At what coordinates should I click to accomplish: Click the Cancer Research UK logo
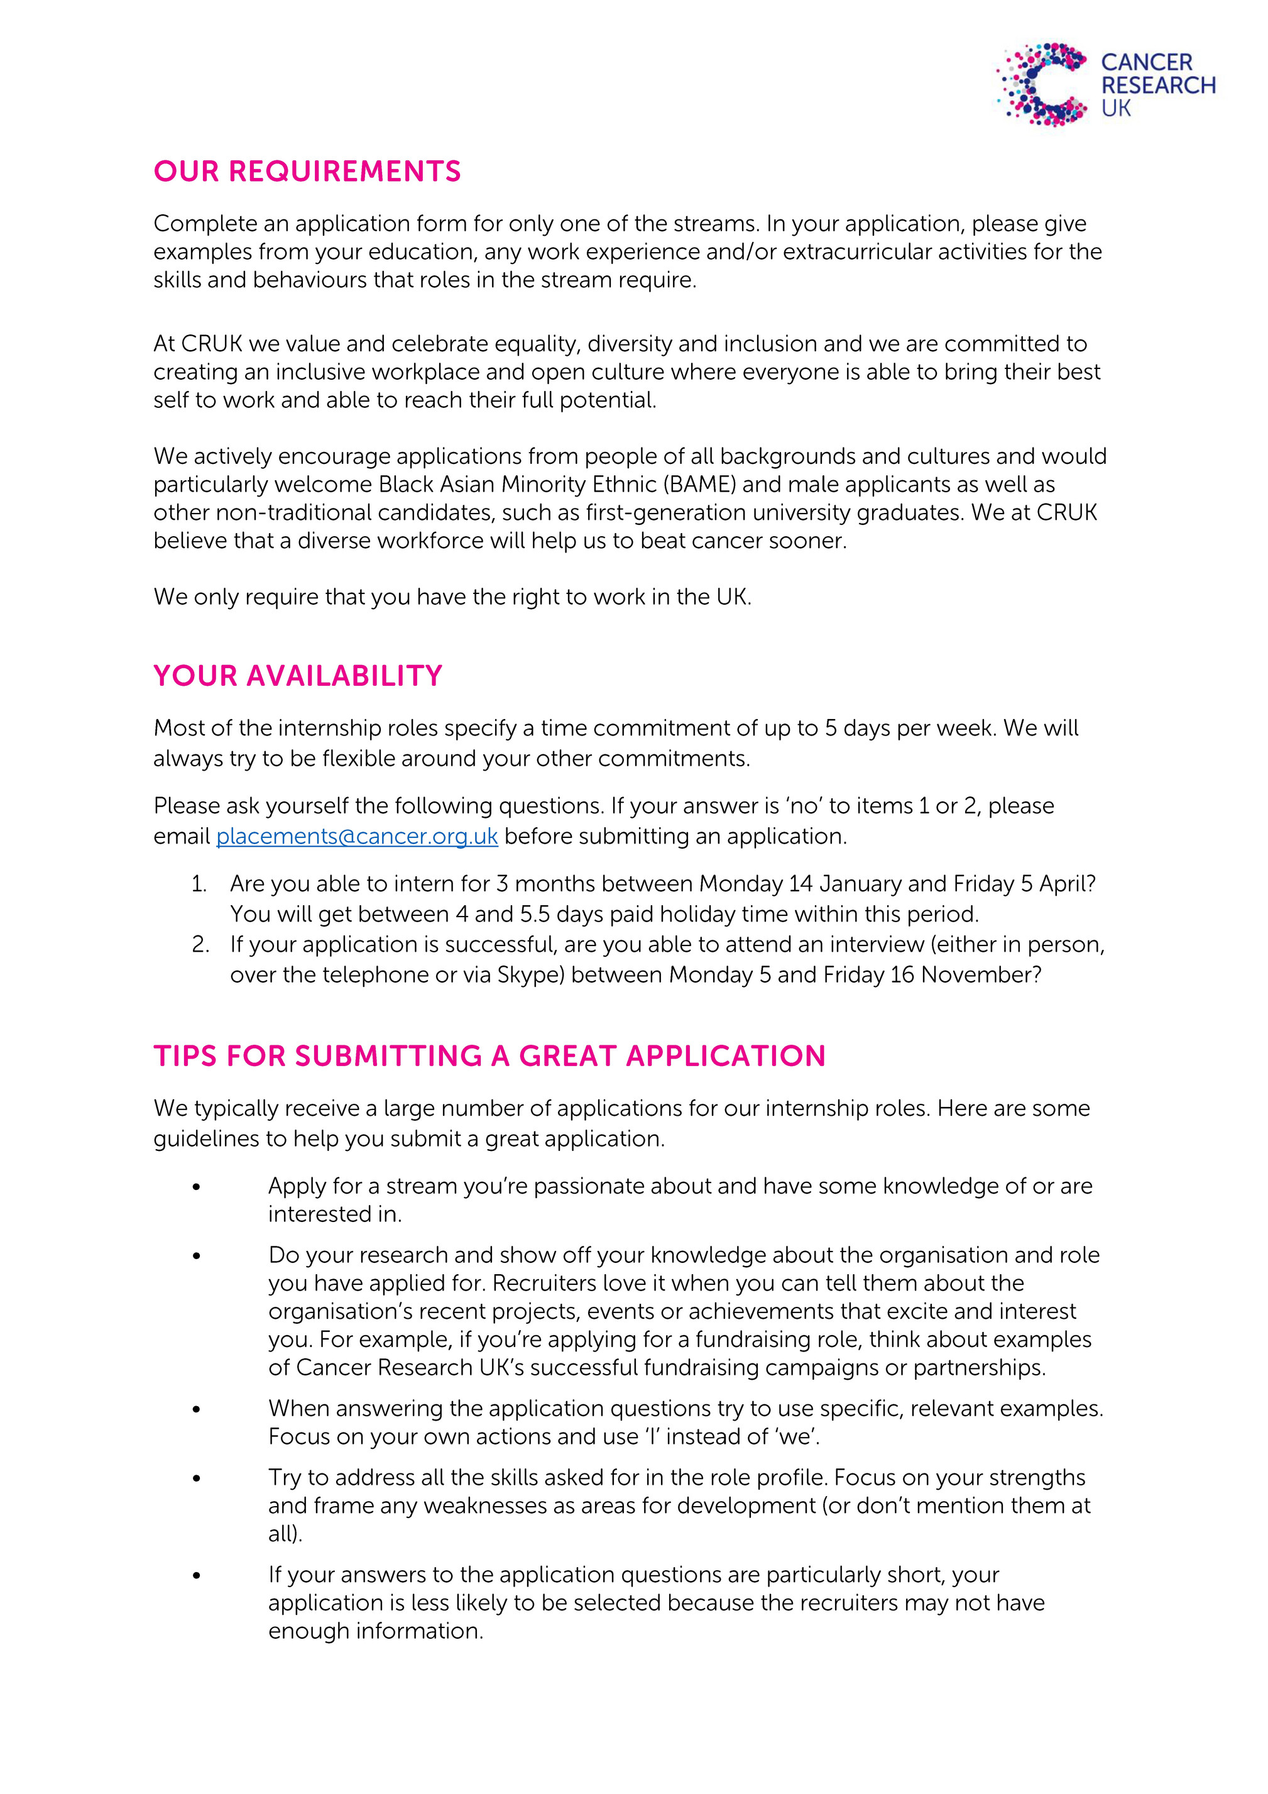pyautogui.click(x=1105, y=84)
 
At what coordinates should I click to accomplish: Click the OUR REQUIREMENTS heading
pyautogui.click(x=307, y=171)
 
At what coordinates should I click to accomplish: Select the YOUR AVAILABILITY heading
pyautogui.click(x=298, y=676)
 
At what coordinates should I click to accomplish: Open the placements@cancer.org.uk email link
pyautogui.click(x=357, y=836)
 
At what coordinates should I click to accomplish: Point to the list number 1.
pyautogui.click(x=199, y=884)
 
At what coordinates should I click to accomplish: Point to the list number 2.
pyautogui.click(x=200, y=945)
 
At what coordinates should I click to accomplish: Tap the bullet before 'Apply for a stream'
pyautogui.click(x=196, y=1187)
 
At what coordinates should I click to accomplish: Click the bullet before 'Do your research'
pyautogui.click(x=196, y=1256)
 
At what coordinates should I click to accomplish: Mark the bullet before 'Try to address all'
pyautogui.click(x=196, y=1478)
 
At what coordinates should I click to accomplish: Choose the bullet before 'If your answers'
pyautogui.click(x=196, y=1575)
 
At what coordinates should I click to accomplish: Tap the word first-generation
pyautogui.click(x=637, y=512)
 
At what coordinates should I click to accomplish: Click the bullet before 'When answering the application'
pyautogui.click(x=196, y=1409)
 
